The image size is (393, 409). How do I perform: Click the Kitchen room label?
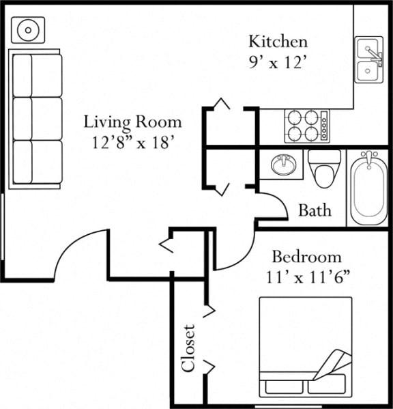pyautogui.click(x=278, y=41)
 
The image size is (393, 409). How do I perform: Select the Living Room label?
pyautogui.click(x=133, y=122)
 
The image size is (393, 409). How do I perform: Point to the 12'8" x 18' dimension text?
pyautogui.click(x=133, y=143)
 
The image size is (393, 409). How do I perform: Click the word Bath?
pyautogui.click(x=315, y=210)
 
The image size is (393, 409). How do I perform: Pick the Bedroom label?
pyautogui.click(x=306, y=257)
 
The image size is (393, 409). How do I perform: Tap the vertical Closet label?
pyautogui.click(x=189, y=348)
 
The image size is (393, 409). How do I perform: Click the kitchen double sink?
pyautogui.click(x=368, y=59)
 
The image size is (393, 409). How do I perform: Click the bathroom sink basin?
pyautogui.click(x=282, y=165)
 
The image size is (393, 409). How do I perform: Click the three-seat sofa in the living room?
pyautogui.click(x=37, y=117)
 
